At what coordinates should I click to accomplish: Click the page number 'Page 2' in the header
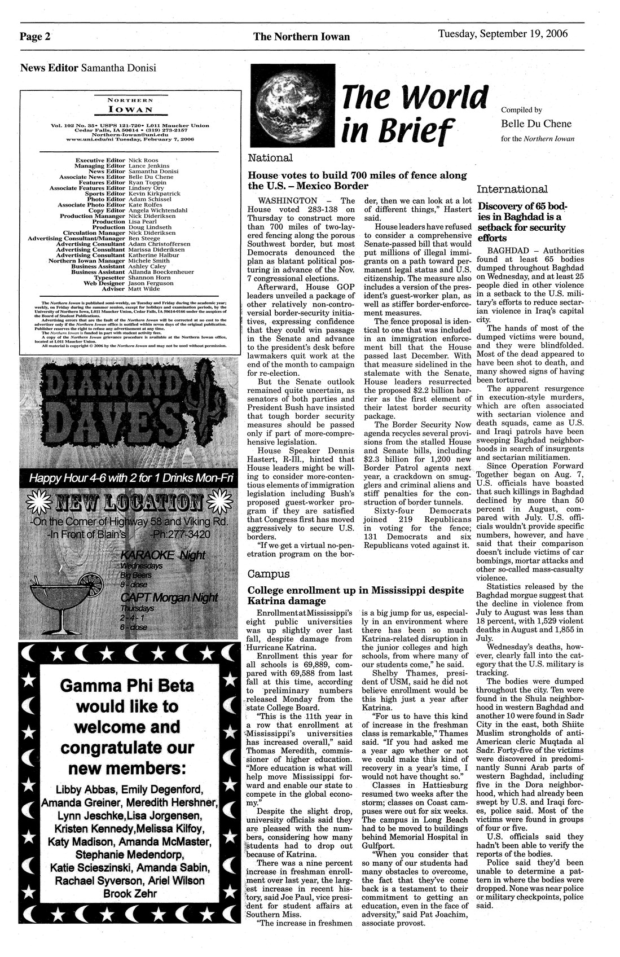[35, 37]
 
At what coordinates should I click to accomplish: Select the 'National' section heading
[270, 158]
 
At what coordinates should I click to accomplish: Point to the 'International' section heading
[512, 189]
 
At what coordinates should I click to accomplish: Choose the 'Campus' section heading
[269, 574]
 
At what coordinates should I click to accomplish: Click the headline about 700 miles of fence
[358, 181]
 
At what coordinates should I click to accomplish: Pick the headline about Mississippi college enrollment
[355, 595]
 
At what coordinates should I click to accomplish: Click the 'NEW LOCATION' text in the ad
[126, 501]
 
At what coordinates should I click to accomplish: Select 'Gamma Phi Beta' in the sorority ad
[126, 686]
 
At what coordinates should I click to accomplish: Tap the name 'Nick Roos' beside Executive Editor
[142, 161]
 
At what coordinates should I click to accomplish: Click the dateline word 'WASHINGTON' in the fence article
[287, 201]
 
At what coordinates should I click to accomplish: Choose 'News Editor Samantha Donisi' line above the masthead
[88, 68]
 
